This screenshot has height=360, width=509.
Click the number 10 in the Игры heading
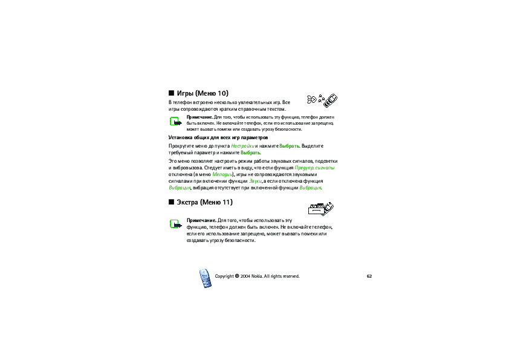[223, 93]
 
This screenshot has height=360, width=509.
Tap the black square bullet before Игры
[171, 93]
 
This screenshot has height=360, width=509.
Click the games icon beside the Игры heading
[320, 99]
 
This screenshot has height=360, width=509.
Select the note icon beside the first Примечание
[175, 122]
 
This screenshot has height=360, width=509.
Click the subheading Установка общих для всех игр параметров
[218, 138]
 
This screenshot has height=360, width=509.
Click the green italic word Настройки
[242, 146]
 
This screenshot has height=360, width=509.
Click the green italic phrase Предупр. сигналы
[315, 168]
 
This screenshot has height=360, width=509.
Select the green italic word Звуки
[254, 181]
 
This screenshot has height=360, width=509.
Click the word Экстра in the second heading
[187, 201]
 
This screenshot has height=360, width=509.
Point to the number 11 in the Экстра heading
[226, 201]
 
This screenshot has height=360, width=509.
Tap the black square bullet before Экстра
[171, 201]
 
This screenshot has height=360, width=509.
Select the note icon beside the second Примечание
[175, 224]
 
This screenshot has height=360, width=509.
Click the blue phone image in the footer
[205, 278]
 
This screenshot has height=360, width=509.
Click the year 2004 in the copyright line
[245, 277]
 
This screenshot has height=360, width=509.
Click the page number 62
[369, 277]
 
